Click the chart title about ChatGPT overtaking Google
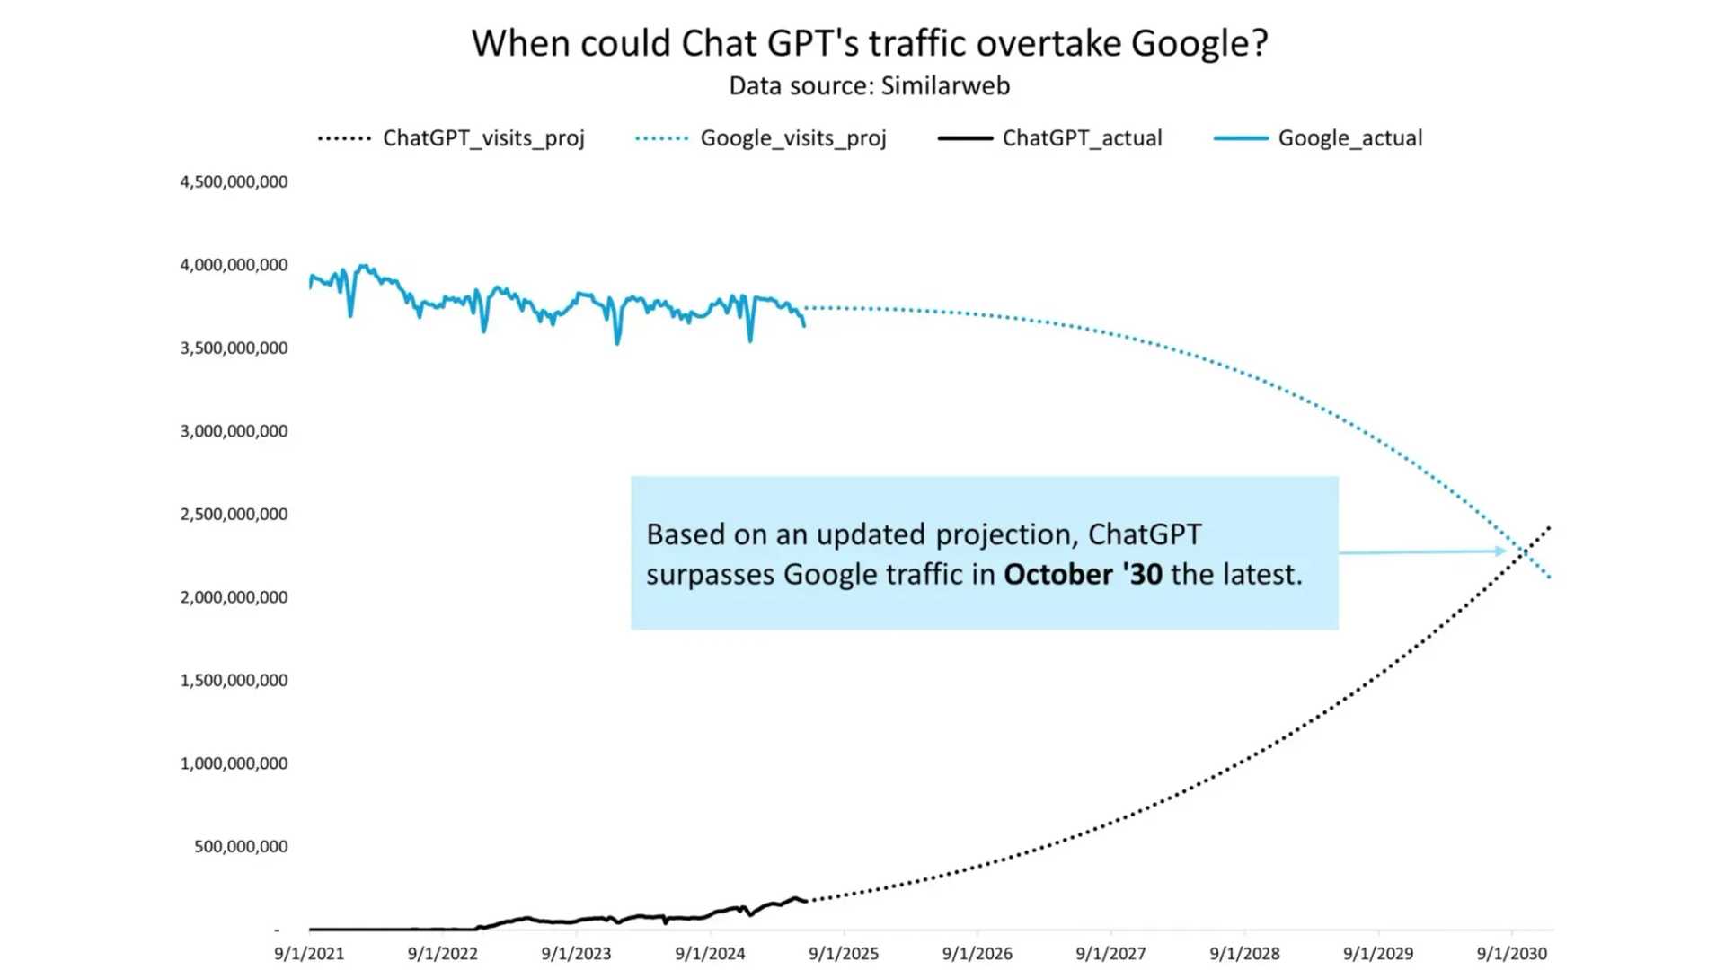point(869,43)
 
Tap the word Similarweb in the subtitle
point(945,86)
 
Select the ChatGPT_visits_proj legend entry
point(483,138)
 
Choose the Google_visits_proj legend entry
point(792,138)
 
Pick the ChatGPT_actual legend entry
point(1082,138)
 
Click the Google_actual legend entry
point(1349,138)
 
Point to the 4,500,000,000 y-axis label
point(234,181)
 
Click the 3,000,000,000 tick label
point(234,431)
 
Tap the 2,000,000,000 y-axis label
point(234,597)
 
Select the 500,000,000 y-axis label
point(241,846)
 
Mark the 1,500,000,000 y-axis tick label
point(234,680)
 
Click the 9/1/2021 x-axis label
point(309,954)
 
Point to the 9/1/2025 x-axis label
point(844,954)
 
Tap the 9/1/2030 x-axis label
point(1512,954)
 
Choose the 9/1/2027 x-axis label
point(1110,954)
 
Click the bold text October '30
point(1083,575)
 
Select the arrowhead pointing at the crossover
point(1501,551)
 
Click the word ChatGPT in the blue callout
point(1144,534)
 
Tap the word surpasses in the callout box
point(710,575)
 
